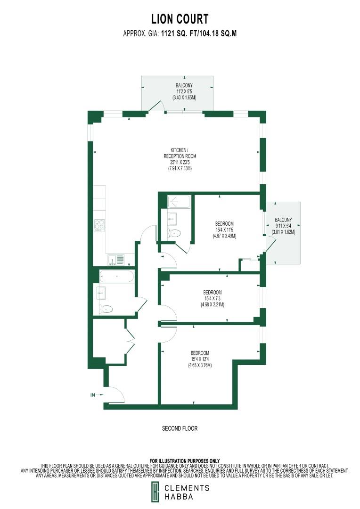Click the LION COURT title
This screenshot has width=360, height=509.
tap(180, 19)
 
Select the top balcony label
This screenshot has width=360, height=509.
tap(184, 91)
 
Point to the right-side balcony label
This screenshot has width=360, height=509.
tap(283, 226)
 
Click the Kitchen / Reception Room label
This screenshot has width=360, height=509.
tap(180, 159)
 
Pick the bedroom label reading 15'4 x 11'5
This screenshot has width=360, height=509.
tap(224, 230)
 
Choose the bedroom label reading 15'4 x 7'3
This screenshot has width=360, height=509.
tap(212, 298)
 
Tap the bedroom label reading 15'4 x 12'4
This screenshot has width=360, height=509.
tap(200, 359)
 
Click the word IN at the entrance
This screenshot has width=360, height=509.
tap(93, 395)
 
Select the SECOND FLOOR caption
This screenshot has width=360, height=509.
tap(180, 428)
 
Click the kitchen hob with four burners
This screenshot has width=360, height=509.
tap(99, 225)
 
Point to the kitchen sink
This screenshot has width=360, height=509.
tap(116, 259)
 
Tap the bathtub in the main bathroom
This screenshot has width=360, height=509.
tap(117, 276)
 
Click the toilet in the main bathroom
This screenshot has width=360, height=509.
tap(106, 309)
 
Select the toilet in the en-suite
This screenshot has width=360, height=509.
tap(174, 233)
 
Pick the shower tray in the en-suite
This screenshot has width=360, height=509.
tap(178, 203)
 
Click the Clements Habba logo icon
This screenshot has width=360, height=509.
tap(155, 492)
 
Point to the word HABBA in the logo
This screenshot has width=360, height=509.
tap(178, 496)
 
